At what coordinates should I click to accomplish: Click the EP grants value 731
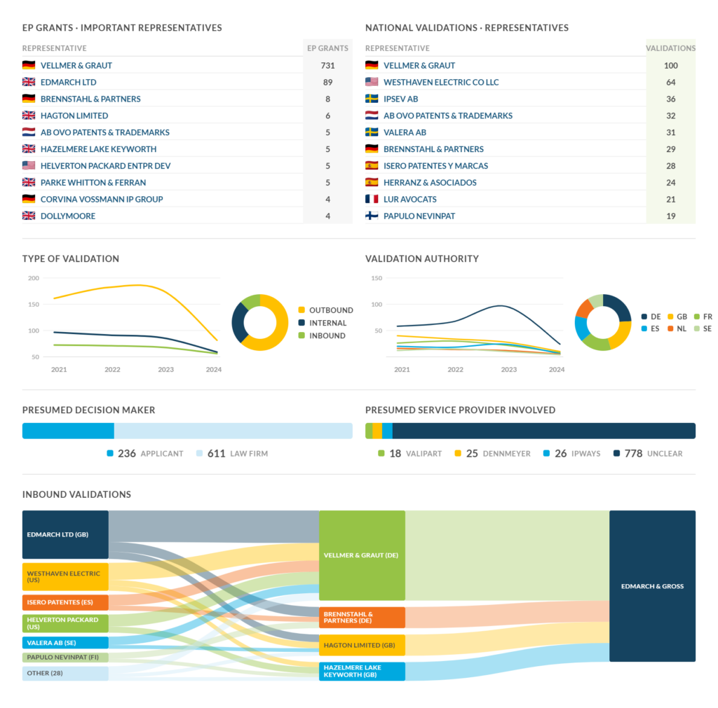tap(327, 65)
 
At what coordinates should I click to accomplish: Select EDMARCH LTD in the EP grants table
tap(68, 83)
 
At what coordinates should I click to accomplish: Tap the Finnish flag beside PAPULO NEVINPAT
tap(372, 216)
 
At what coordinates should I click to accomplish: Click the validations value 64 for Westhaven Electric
tap(670, 83)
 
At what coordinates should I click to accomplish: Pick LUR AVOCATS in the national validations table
tap(409, 200)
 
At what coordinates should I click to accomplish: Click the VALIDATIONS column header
tap(670, 48)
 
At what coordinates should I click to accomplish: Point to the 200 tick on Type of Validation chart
tap(34, 278)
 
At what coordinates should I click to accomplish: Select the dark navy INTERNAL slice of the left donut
tap(238, 323)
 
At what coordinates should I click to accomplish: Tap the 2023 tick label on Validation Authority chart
tap(508, 370)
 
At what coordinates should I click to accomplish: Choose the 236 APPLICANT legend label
tap(144, 454)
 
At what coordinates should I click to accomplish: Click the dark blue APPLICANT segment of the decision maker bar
tap(68, 431)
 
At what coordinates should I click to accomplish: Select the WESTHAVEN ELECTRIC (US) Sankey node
tap(65, 577)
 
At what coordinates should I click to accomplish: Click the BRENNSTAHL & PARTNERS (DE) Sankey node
tap(362, 618)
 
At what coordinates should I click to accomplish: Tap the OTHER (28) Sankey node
tap(65, 673)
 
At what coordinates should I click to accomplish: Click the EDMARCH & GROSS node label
tap(652, 586)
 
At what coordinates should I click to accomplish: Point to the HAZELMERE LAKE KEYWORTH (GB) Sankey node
tap(362, 672)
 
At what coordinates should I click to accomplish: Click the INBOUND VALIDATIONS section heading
tap(76, 494)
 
